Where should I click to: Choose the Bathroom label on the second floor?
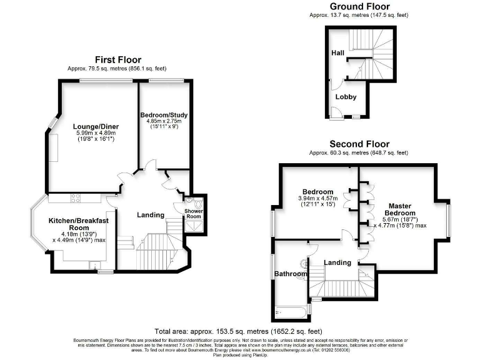pyautogui.click(x=291, y=274)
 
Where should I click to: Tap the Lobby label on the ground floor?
pyautogui.click(x=346, y=97)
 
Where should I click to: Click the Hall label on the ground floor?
pyautogui.click(x=338, y=52)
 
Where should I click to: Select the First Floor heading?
pyautogui.click(x=117, y=59)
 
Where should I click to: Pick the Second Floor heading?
pyautogui.click(x=359, y=144)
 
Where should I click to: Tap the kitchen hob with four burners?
pyautogui.click(x=75, y=198)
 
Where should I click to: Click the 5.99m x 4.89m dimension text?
pyautogui.click(x=96, y=132)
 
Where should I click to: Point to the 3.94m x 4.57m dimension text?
pyautogui.click(x=317, y=199)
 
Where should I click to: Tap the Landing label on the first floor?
pyautogui.click(x=150, y=215)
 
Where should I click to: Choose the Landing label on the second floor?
pyautogui.click(x=337, y=262)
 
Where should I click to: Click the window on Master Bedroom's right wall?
pyautogui.click(x=448, y=219)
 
